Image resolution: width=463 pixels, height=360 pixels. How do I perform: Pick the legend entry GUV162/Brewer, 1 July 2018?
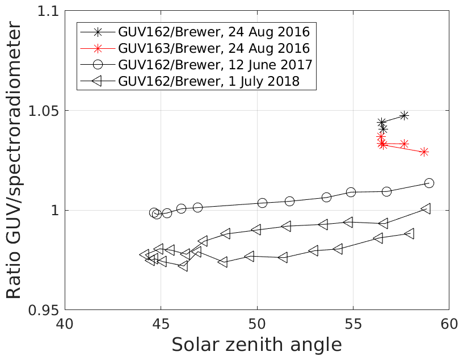coord(208,81)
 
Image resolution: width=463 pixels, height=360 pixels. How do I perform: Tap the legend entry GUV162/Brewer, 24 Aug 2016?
coord(213,31)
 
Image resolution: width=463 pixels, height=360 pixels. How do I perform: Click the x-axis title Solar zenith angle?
coord(256,345)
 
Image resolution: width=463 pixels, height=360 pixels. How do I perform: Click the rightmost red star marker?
coord(423,152)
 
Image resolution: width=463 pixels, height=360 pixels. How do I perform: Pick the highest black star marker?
coord(404,115)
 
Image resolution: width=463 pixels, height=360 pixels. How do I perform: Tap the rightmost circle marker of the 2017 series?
coord(429,183)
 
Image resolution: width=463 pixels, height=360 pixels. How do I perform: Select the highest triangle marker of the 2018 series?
coord(426,208)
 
